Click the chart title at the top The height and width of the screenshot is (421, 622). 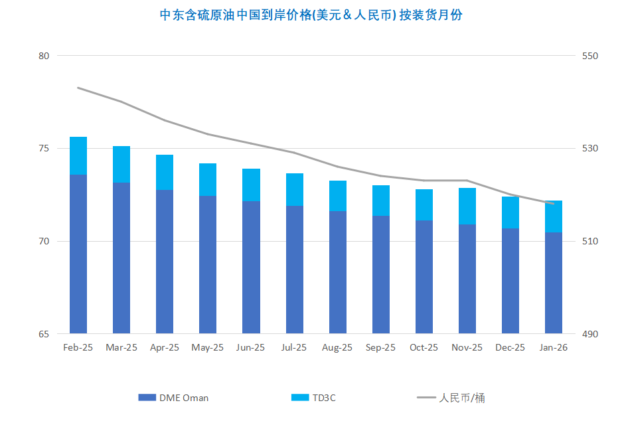click(311, 15)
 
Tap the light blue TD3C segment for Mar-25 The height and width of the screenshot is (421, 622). click(121, 164)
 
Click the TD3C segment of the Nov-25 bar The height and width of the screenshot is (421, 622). click(467, 206)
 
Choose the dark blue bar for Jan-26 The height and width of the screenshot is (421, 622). click(554, 283)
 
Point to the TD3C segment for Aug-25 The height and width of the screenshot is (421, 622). click(338, 196)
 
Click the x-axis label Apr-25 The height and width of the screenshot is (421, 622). click(165, 347)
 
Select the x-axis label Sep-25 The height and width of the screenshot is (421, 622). click(380, 347)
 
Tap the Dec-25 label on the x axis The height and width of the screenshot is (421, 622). click(510, 347)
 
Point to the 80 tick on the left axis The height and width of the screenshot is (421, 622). click(44, 56)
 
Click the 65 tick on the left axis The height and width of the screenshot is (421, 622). click(44, 333)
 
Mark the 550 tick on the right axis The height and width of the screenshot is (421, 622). click(590, 56)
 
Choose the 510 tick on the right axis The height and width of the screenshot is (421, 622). click(590, 241)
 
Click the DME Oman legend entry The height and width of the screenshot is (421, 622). click(174, 398)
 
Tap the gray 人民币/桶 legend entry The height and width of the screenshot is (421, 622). click(451, 398)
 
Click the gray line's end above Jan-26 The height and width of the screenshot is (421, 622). click(554, 203)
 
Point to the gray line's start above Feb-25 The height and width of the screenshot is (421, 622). click(78, 88)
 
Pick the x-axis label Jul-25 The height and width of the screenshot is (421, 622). click(294, 347)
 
